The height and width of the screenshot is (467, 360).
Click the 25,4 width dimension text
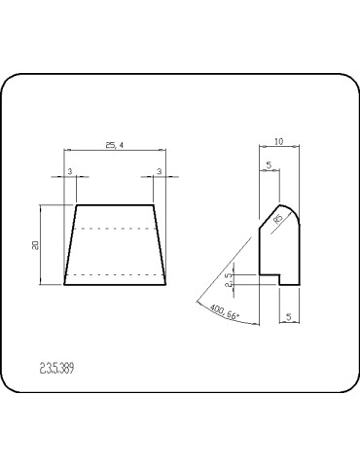coord(114,145)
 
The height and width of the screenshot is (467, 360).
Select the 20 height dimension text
coord(36,245)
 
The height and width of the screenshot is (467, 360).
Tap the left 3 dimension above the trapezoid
coord(69,171)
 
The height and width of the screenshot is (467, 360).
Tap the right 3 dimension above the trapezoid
coord(160,171)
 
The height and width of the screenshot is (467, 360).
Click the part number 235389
coord(57,369)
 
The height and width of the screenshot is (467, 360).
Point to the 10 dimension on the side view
coord(279,142)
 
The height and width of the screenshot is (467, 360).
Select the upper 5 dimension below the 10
coord(269,164)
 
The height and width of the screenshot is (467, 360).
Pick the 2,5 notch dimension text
coord(229,280)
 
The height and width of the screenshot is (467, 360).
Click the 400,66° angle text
coord(224,315)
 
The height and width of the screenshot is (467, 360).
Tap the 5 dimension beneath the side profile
coord(290,316)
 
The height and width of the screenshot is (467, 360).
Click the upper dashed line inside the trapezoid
coord(115,229)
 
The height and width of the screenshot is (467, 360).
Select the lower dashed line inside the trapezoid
coord(115,275)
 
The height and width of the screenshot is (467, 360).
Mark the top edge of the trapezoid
coord(115,205)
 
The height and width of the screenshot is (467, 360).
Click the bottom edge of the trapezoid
coord(115,285)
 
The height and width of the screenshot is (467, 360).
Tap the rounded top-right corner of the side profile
coord(294,211)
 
